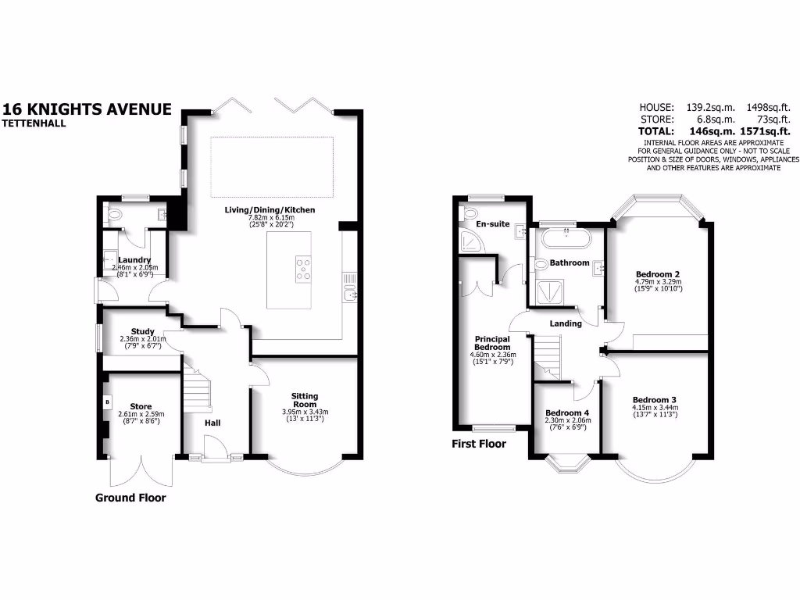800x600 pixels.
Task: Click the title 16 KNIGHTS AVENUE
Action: pyautogui.click(x=87, y=109)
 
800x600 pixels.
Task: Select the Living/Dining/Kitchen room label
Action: pyautogui.click(x=270, y=210)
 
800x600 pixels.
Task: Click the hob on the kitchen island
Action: pyautogui.click(x=302, y=268)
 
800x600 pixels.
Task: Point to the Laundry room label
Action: pyautogui.click(x=134, y=260)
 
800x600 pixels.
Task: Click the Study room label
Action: pyautogui.click(x=142, y=331)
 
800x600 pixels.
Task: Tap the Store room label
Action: pyautogui.click(x=141, y=406)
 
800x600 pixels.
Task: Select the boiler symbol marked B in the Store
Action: pyautogui.click(x=106, y=402)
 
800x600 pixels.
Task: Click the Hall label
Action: pyautogui.click(x=212, y=423)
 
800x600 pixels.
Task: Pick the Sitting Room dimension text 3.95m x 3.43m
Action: pyautogui.click(x=305, y=412)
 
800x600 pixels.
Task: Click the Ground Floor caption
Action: pyautogui.click(x=130, y=498)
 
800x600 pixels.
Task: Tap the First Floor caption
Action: pyautogui.click(x=479, y=444)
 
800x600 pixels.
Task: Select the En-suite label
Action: pyautogui.click(x=494, y=224)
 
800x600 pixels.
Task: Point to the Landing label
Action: pyautogui.click(x=566, y=323)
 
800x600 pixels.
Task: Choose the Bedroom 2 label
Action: pyautogui.click(x=657, y=274)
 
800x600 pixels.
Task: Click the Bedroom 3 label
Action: pyautogui.click(x=655, y=397)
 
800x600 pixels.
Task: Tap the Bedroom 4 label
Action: pyautogui.click(x=567, y=412)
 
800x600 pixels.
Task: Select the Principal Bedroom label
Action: pyautogui.click(x=493, y=344)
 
